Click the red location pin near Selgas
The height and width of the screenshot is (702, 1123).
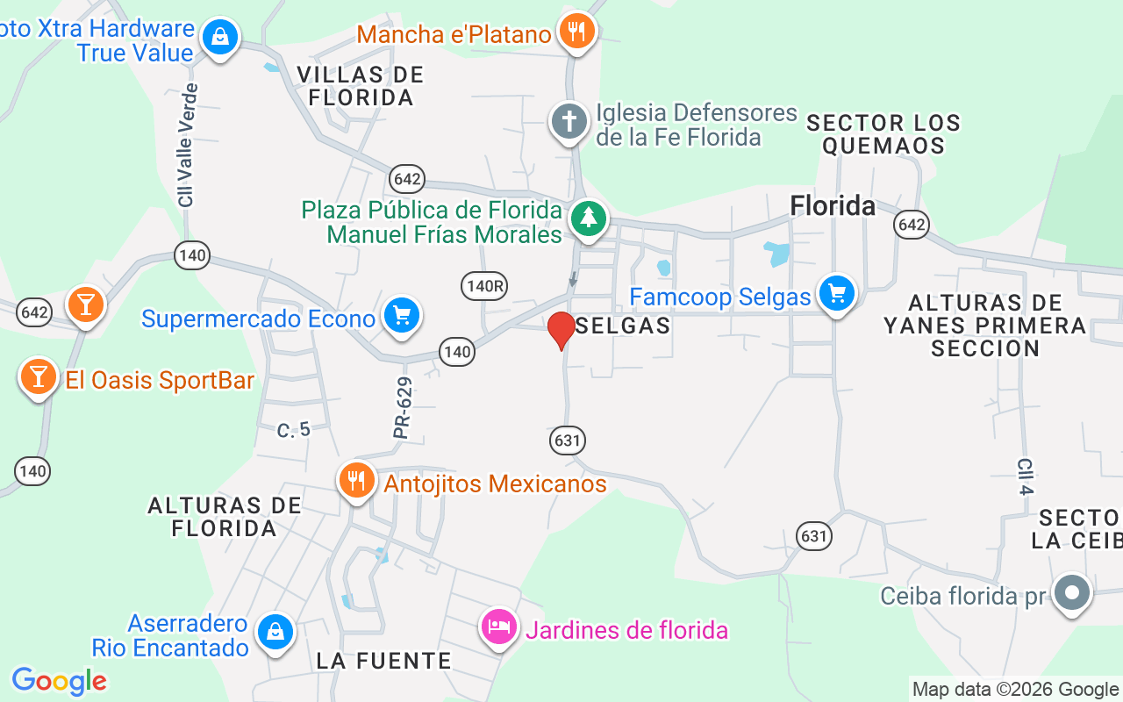coord(561,330)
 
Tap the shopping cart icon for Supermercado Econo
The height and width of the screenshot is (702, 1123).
coord(402,314)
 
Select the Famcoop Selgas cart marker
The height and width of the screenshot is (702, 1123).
coord(836,293)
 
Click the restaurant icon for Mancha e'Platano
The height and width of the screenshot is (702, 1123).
coord(576,32)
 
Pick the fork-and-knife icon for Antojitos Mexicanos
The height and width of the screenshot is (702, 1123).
coord(356,481)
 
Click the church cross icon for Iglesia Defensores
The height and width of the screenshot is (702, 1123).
coord(569,121)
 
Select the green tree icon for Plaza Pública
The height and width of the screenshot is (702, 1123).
coord(588,218)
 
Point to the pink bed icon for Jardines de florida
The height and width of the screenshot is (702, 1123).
coord(498,627)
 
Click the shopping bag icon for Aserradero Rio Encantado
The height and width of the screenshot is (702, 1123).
coord(275,631)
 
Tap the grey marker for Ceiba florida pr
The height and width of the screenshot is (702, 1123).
coord(1071,593)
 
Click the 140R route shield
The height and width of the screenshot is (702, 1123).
coord(484,284)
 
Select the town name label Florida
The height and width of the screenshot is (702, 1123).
coord(833,205)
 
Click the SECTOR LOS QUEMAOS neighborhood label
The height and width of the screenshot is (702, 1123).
coord(883,134)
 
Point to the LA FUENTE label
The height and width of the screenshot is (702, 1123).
coord(383,661)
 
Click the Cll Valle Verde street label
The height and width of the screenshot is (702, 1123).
coord(186,146)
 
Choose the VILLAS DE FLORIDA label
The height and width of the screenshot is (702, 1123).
coord(360,86)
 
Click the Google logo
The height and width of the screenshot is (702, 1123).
coord(59,680)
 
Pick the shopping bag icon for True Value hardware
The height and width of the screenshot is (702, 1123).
coord(219,37)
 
